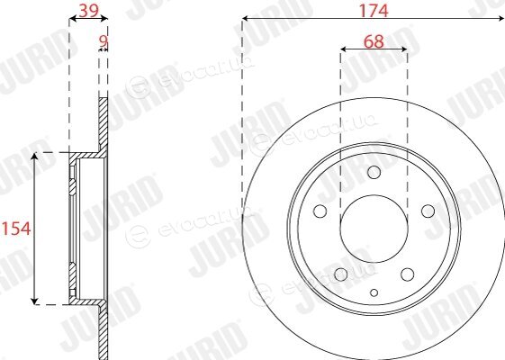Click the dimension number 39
pos(88,10)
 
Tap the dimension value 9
pos(103,40)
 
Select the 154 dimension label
pos(16,229)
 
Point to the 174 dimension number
pos(374,10)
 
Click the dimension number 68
pos(374,41)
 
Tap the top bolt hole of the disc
pos(374,172)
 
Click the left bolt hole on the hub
pos(320,211)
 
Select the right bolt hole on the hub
pos(428,211)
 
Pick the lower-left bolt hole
pos(341,274)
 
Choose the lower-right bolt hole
pos(408,274)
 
